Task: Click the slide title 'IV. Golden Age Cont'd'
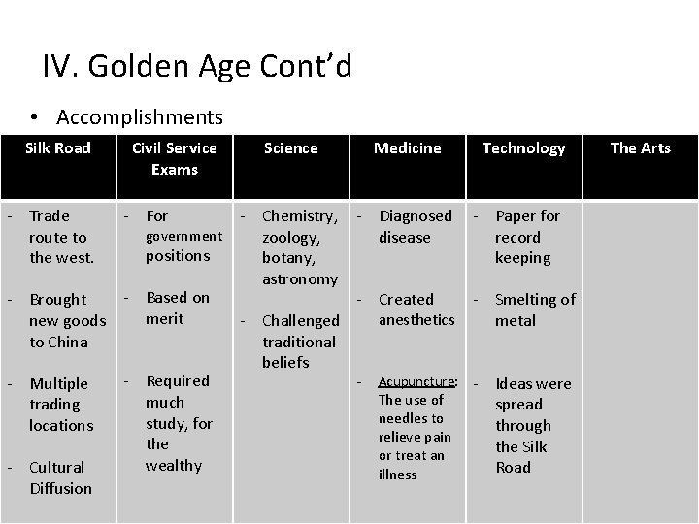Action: point(197,67)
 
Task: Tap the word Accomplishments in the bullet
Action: point(140,117)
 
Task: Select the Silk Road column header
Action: point(58,147)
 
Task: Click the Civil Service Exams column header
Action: point(175,158)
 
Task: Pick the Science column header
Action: point(291,147)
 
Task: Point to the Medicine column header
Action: point(408,147)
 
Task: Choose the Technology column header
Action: point(523,147)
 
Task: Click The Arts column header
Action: point(640,147)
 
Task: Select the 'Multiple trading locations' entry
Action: point(60,404)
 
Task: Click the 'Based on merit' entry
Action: point(177,308)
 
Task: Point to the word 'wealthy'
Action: point(174,465)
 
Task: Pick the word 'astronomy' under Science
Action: point(300,278)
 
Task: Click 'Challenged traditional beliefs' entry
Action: point(300,341)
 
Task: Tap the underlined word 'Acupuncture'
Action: point(417,381)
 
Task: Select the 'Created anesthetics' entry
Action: point(416,310)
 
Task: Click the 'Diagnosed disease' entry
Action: point(415,226)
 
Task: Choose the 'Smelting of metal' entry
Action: point(534,310)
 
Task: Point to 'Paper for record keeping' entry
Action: point(526,237)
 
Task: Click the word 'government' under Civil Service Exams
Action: point(183,236)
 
